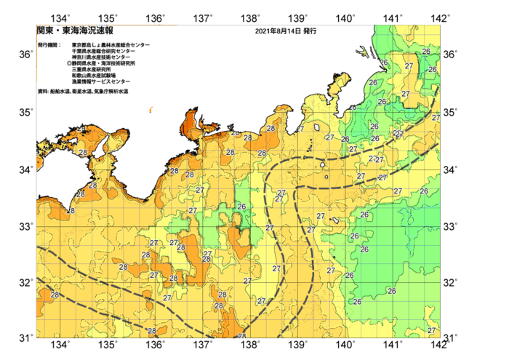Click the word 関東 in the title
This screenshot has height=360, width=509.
click(x=44, y=31)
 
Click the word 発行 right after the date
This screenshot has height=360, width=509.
click(x=309, y=32)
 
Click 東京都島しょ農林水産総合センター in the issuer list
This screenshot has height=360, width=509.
click(x=111, y=45)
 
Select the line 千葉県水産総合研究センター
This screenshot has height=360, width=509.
click(x=103, y=51)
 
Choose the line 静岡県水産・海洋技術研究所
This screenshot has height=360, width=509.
click(x=103, y=63)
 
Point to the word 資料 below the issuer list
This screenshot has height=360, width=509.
click(x=42, y=92)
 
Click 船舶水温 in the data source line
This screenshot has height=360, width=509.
click(x=60, y=92)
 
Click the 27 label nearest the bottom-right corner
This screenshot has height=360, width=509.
click(x=432, y=330)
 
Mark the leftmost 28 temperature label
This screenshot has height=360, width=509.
click(x=55, y=295)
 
